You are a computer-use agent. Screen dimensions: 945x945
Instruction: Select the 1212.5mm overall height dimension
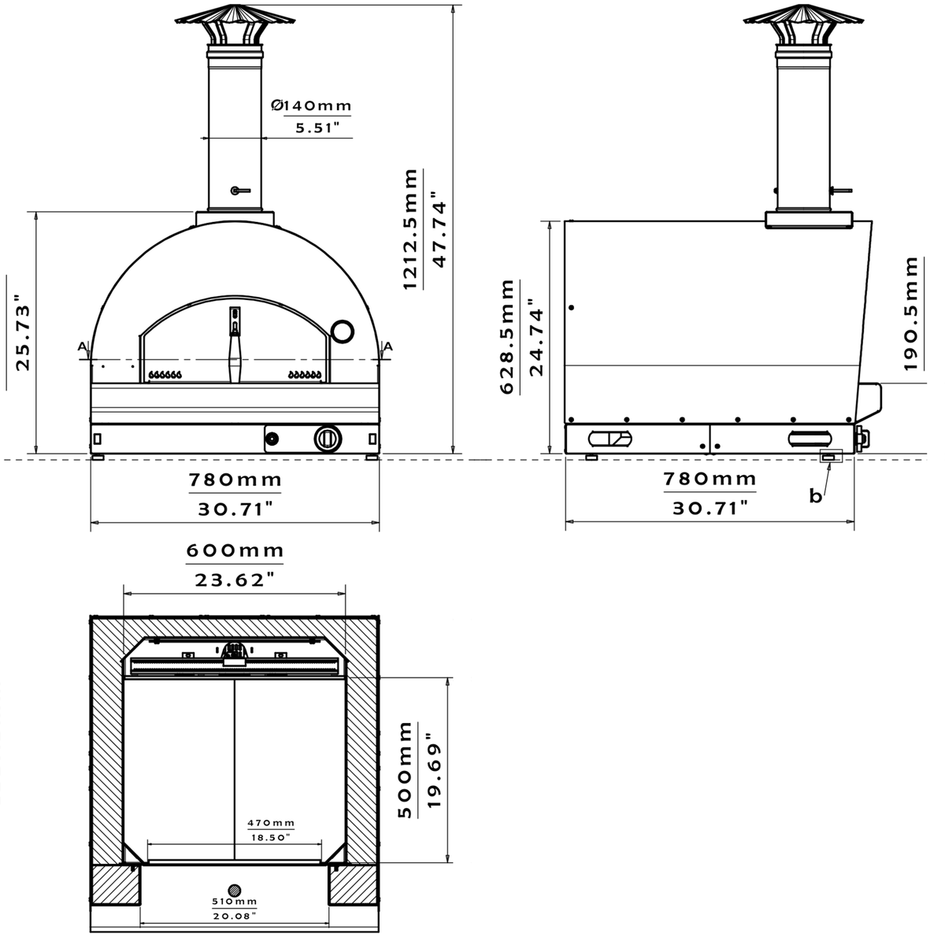[x=411, y=228]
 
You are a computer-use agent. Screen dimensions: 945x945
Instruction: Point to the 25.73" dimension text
[x=24, y=333]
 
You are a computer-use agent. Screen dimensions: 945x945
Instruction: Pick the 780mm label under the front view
[x=235, y=479]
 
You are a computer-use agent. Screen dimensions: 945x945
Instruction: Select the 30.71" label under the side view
[x=709, y=509]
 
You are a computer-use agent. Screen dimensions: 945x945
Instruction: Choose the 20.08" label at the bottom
[x=235, y=916]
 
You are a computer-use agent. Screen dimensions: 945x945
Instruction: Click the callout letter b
[x=816, y=495]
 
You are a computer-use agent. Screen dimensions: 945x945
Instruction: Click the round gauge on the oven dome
[x=342, y=331]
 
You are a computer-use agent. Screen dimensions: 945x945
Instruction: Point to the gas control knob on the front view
[x=328, y=438]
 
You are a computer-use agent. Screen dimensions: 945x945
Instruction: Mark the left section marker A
[x=82, y=346]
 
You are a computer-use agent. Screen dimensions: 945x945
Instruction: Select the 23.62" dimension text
[x=235, y=580]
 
